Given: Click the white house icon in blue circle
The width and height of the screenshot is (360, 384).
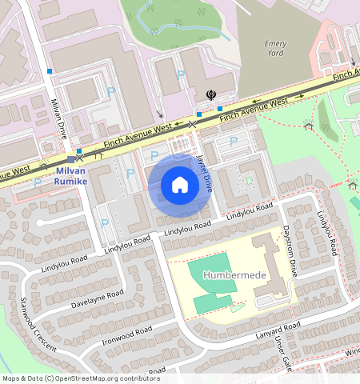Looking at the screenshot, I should click(x=180, y=186).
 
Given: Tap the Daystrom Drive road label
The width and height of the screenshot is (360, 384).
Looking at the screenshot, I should click(x=290, y=250).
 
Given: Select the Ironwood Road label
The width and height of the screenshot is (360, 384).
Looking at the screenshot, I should click(x=127, y=336).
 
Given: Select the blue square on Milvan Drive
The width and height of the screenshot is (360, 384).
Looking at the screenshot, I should click(x=50, y=71).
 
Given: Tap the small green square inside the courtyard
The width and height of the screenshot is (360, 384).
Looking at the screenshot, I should click(x=248, y=181).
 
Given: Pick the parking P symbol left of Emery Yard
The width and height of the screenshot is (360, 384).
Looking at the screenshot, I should click(x=180, y=74).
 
